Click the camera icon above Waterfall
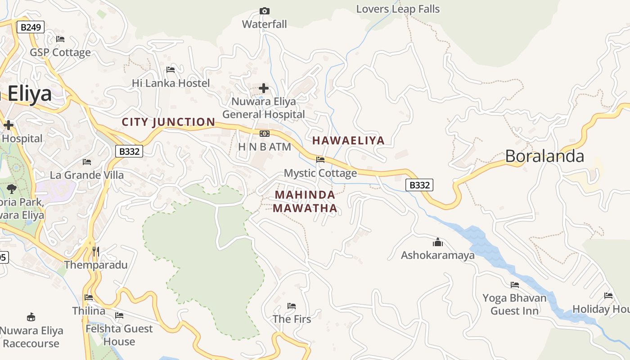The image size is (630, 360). pos(265,11)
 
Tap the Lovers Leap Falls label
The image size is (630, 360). pos(398,9)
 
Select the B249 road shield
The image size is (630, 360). pos(31,27)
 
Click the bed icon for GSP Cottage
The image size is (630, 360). pos(60,39)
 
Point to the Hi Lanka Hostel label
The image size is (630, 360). pos(171,83)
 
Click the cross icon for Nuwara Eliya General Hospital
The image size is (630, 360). pos(264,88)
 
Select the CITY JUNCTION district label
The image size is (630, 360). pos(168,122)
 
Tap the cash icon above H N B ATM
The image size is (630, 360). pos(265,134)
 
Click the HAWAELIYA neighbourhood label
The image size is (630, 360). pos(348,140)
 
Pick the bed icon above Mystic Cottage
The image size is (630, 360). pos(320,160)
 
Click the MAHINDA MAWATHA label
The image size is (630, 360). pos(305,202)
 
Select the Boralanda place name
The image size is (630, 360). pos(544,156)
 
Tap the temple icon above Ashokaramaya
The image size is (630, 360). pos(438,243)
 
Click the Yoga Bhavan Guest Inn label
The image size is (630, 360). pos(514,304)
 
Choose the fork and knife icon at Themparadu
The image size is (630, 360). pos(95,251)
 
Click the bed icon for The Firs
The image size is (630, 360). pos(292,306)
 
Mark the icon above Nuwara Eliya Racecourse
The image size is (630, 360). pos(31,317)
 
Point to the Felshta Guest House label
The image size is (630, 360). pos(119,335)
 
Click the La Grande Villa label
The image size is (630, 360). pos(87,175)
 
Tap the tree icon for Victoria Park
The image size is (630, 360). pos(12,189)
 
